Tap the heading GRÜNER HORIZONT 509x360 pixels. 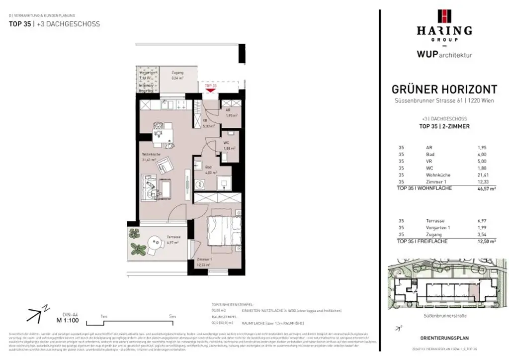[444, 90]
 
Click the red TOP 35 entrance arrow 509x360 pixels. [210, 90]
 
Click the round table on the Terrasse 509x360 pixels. [156, 244]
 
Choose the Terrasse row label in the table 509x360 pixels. [434, 220]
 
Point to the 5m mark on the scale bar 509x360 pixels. [172, 316]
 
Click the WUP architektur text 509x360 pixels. [444, 55]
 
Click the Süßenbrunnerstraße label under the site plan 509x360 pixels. [444, 315]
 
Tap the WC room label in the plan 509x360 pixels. [226, 144]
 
